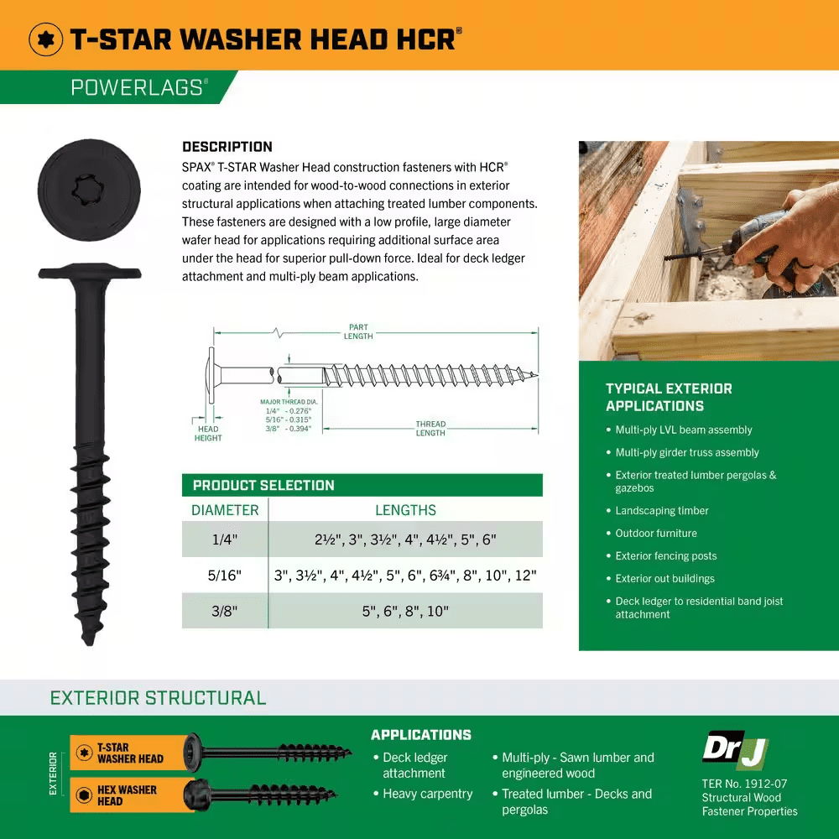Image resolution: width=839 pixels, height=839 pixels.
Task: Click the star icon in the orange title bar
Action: tap(47, 39)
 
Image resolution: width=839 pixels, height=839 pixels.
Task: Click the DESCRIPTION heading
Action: tap(227, 147)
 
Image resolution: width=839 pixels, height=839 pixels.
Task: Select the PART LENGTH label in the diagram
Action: tap(358, 331)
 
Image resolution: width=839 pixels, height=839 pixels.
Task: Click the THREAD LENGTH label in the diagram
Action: tap(430, 429)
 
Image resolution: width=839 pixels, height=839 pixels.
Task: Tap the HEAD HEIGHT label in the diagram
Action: tap(208, 433)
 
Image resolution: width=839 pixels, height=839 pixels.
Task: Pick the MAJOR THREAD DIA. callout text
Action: tap(289, 402)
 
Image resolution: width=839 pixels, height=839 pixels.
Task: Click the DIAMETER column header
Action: tap(225, 510)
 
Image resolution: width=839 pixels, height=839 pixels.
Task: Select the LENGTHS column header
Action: tap(405, 510)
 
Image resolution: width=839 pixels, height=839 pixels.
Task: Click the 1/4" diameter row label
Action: tap(225, 539)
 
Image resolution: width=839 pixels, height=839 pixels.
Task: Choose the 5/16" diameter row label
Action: tap(225, 576)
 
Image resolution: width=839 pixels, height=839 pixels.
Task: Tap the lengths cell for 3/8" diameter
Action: tap(405, 612)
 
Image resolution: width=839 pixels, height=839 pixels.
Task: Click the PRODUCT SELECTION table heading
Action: tap(263, 485)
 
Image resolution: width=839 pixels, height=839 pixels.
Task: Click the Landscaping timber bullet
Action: tap(661, 511)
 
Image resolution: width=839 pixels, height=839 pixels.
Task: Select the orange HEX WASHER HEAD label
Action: tap(126, 795)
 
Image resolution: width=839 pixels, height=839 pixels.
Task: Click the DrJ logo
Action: tap(734, 749)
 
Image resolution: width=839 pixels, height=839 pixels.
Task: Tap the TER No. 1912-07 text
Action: tap(744, 784)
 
